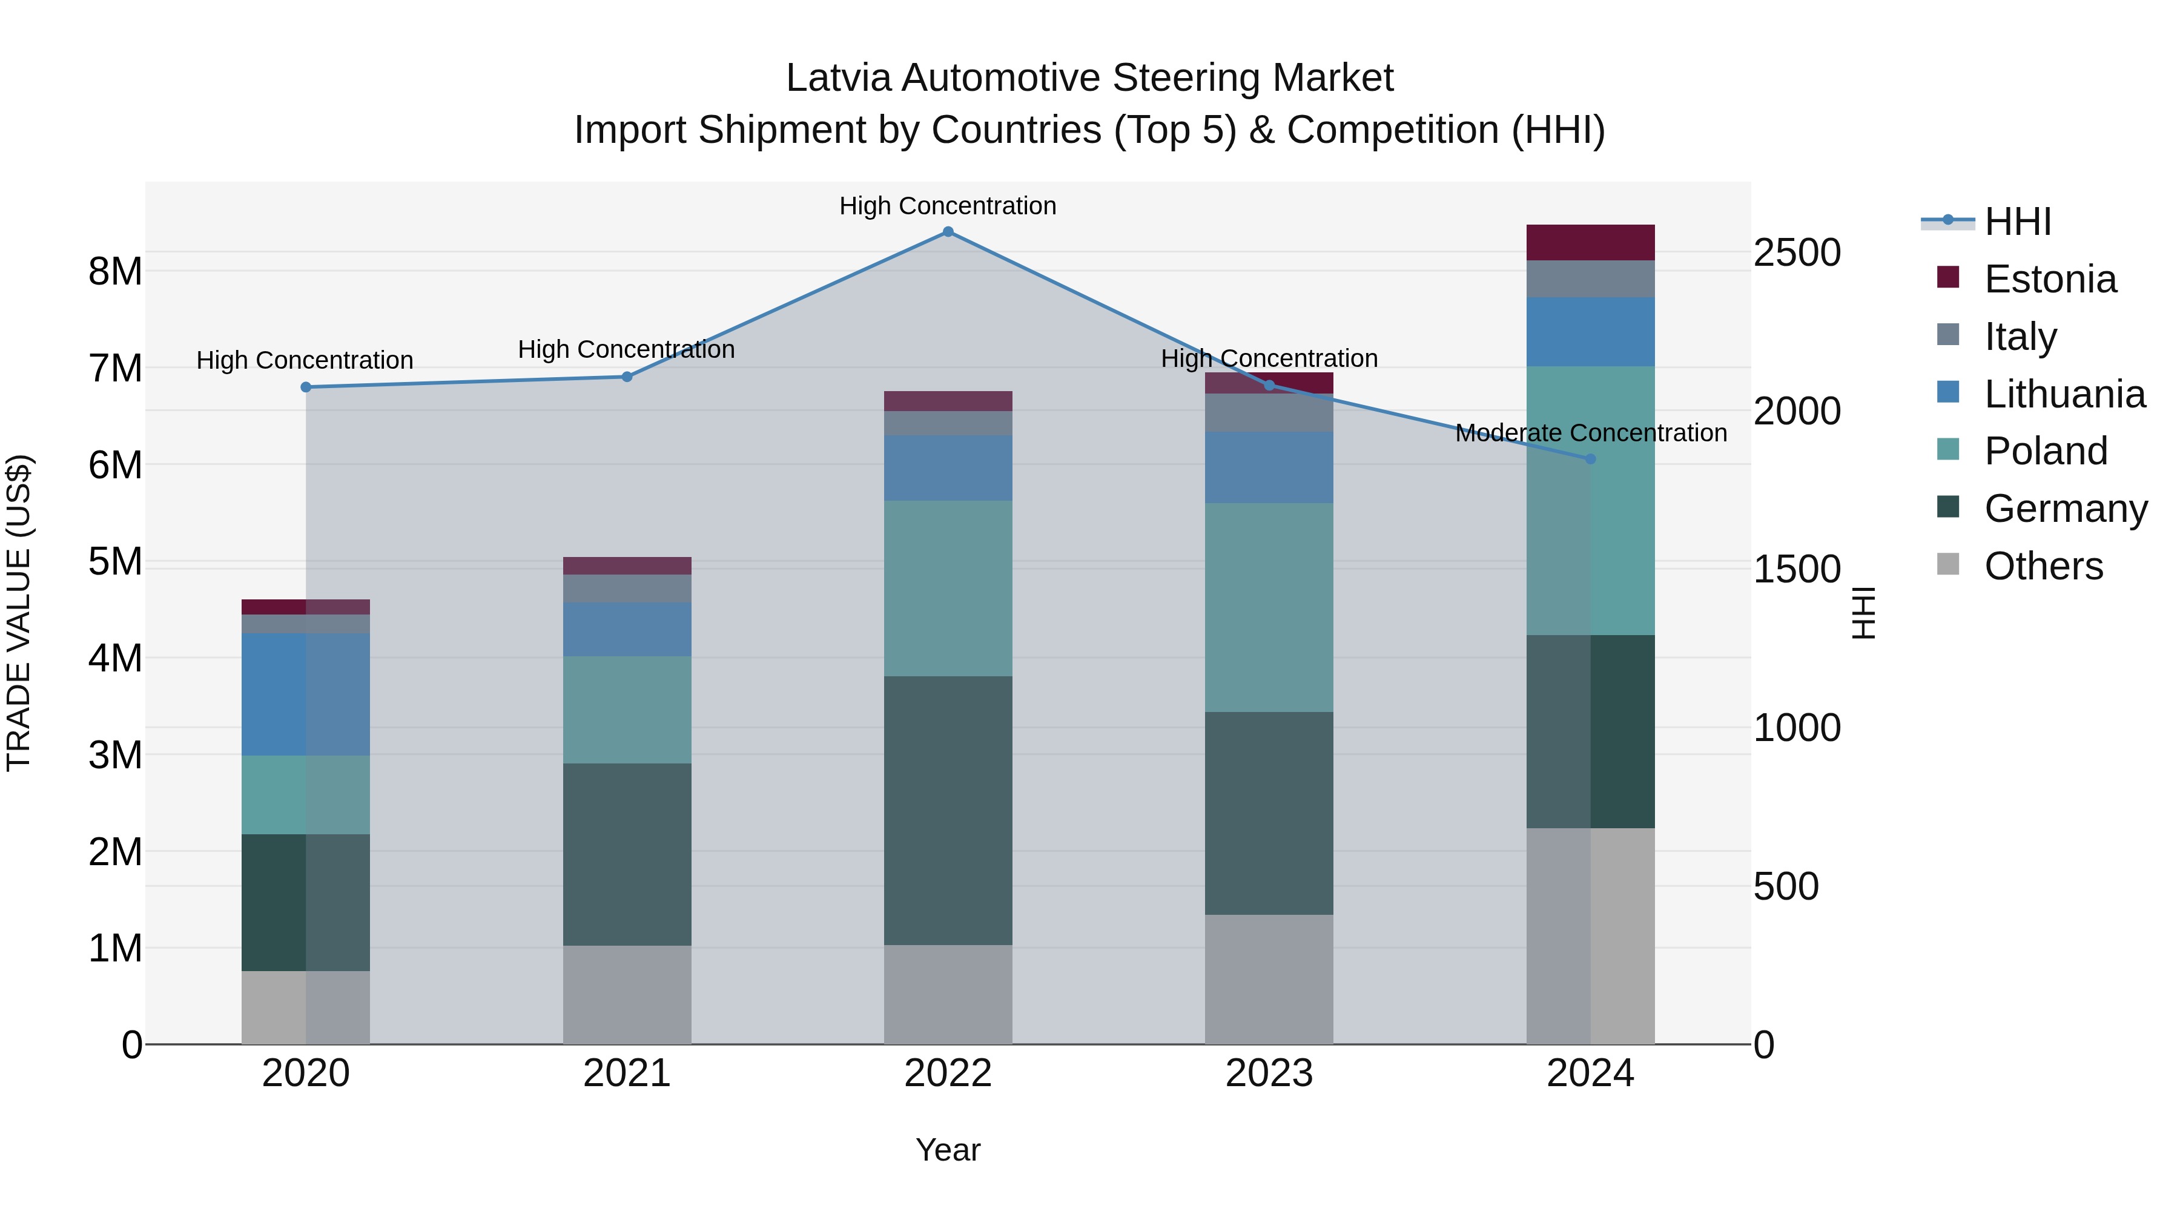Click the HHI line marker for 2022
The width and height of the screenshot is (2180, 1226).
(948, 232)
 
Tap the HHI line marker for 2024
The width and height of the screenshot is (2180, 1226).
(1590, 458)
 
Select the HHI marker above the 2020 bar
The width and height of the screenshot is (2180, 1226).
(306, 387)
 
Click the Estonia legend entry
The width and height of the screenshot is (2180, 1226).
(2050, 279)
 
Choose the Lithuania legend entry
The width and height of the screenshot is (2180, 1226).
(2064, 394)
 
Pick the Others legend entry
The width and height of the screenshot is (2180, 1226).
(2043, 566)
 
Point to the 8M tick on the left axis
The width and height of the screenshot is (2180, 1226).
(115, 272)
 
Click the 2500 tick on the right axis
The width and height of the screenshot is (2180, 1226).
(1797, 253)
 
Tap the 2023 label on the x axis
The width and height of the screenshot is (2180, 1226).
(1269, 1073)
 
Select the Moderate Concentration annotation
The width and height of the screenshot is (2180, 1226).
(1590, 433)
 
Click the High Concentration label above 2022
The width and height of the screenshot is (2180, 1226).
(948, 206)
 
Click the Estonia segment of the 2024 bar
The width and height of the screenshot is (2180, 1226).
(1590, 243)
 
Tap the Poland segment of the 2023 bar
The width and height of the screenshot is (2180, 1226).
(1269, 607)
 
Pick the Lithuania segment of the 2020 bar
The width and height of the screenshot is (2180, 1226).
(306, 694)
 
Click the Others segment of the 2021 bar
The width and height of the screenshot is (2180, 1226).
(627, 994)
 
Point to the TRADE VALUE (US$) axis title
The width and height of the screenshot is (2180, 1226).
(19, 613)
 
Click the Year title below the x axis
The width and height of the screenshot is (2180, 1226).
(948, 1150)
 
